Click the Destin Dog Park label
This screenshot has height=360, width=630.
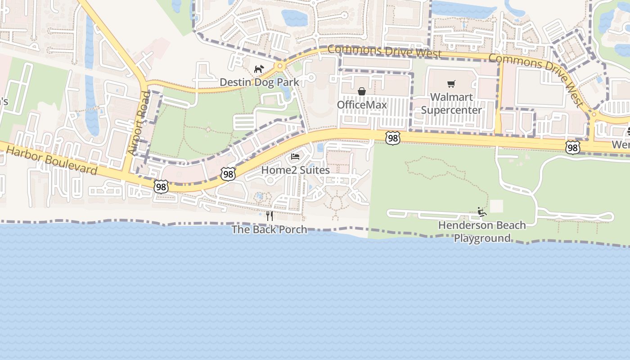point(259,82)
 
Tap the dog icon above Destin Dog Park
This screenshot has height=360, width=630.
point(259,69)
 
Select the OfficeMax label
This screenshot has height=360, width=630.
point(362,105)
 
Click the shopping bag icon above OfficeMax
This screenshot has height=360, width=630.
point(362,91)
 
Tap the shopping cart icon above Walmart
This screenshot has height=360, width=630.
point(451,84)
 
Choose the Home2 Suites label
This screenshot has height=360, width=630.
point(295,170)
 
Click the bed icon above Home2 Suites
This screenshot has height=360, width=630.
point(295,157)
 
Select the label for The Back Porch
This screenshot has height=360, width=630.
point(269,229)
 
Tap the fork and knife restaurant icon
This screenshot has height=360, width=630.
point(269,216)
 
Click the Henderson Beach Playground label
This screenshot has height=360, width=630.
point(482,231)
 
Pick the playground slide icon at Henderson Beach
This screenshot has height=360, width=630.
point(482,211)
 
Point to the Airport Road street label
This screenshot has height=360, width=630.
point(138,123)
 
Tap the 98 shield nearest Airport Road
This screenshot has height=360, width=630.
point(161,186)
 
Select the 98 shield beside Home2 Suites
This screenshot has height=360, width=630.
point(228,174)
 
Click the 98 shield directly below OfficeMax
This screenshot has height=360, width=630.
point(393,138)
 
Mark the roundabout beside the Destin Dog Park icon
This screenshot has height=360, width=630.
point(280,67)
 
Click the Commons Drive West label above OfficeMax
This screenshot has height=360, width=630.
point(384,51)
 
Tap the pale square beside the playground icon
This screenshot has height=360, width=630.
point(496,206)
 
